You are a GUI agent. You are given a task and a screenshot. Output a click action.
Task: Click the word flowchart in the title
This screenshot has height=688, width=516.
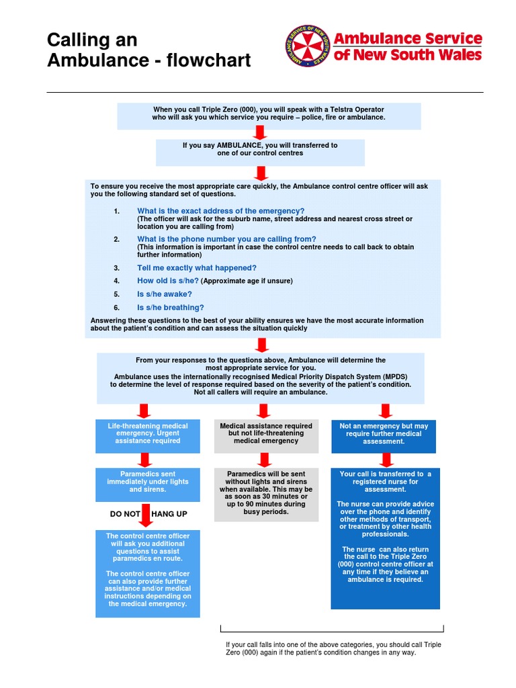208,60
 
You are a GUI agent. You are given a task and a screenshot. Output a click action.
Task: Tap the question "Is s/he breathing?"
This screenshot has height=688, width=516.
171,307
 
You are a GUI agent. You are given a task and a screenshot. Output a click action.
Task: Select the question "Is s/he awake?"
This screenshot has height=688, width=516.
165,294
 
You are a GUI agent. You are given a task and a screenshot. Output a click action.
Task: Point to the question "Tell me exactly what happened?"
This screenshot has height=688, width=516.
197,267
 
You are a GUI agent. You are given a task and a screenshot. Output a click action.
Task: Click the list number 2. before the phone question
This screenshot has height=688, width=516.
116,239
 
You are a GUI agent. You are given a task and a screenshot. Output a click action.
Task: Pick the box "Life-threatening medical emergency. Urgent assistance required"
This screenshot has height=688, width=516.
148,433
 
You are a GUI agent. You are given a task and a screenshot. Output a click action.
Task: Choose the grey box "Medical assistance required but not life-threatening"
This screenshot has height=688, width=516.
266,433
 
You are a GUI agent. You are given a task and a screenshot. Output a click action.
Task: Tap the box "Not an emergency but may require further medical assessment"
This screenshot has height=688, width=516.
384,433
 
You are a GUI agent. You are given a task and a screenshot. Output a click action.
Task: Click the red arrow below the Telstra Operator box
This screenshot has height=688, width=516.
261,133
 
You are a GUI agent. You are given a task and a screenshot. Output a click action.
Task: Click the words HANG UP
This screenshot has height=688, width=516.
169,514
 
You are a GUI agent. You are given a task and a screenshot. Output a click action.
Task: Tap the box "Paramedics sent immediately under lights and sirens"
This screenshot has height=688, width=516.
148,482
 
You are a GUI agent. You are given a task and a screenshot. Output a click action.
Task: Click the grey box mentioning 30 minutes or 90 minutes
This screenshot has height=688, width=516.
266,493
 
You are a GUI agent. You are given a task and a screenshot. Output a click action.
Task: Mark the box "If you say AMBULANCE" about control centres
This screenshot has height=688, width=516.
260,149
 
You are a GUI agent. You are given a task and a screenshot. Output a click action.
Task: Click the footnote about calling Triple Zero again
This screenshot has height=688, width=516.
333,648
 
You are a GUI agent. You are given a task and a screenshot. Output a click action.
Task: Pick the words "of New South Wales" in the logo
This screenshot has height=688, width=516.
408,54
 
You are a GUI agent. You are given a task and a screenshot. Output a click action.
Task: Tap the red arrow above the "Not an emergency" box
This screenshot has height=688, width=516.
386,411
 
